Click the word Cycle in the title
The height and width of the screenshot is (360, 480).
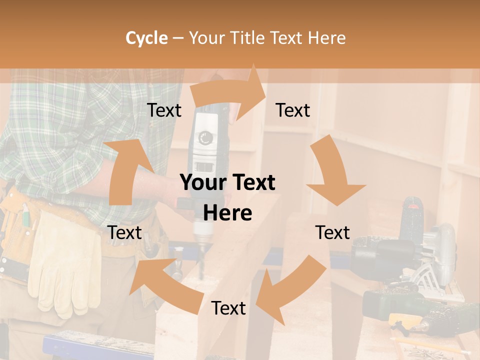(146, 38)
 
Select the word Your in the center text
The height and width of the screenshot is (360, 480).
(202, 183)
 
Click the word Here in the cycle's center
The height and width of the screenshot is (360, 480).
(227, 213)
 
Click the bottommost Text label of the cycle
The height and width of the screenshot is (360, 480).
(228, 308)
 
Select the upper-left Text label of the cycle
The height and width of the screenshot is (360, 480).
(164, 110)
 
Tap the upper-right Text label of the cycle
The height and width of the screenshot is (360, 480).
(293, 110)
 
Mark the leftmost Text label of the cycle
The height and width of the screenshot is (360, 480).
(125, 232)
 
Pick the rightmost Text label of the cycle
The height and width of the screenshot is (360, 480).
(332, 232)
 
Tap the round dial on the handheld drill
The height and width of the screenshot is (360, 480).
(205, 137)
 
